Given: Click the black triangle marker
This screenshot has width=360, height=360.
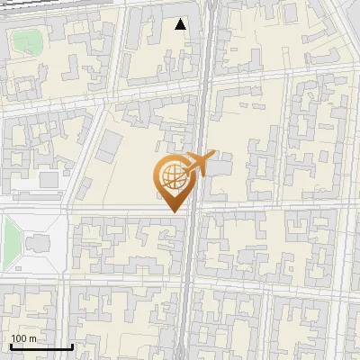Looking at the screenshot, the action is (x=181, y=24).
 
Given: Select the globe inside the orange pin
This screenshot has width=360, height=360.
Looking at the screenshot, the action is (x=172, y=176).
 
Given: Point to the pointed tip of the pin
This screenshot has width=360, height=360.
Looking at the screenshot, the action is (x=174, y=211).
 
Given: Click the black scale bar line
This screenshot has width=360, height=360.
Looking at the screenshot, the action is (x=41, y=346).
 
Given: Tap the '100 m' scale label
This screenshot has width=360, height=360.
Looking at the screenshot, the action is (x=23, y=338).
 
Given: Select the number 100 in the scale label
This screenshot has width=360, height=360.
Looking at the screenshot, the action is (x=19, y=338).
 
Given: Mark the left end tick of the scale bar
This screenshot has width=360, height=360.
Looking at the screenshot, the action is (x=11, y=345).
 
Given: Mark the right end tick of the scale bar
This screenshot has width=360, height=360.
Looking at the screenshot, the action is (x=72, y=345).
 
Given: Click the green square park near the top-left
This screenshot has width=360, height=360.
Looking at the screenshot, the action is (x=27, y=41).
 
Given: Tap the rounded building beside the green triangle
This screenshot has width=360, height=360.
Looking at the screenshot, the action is (x=39, y=244).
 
